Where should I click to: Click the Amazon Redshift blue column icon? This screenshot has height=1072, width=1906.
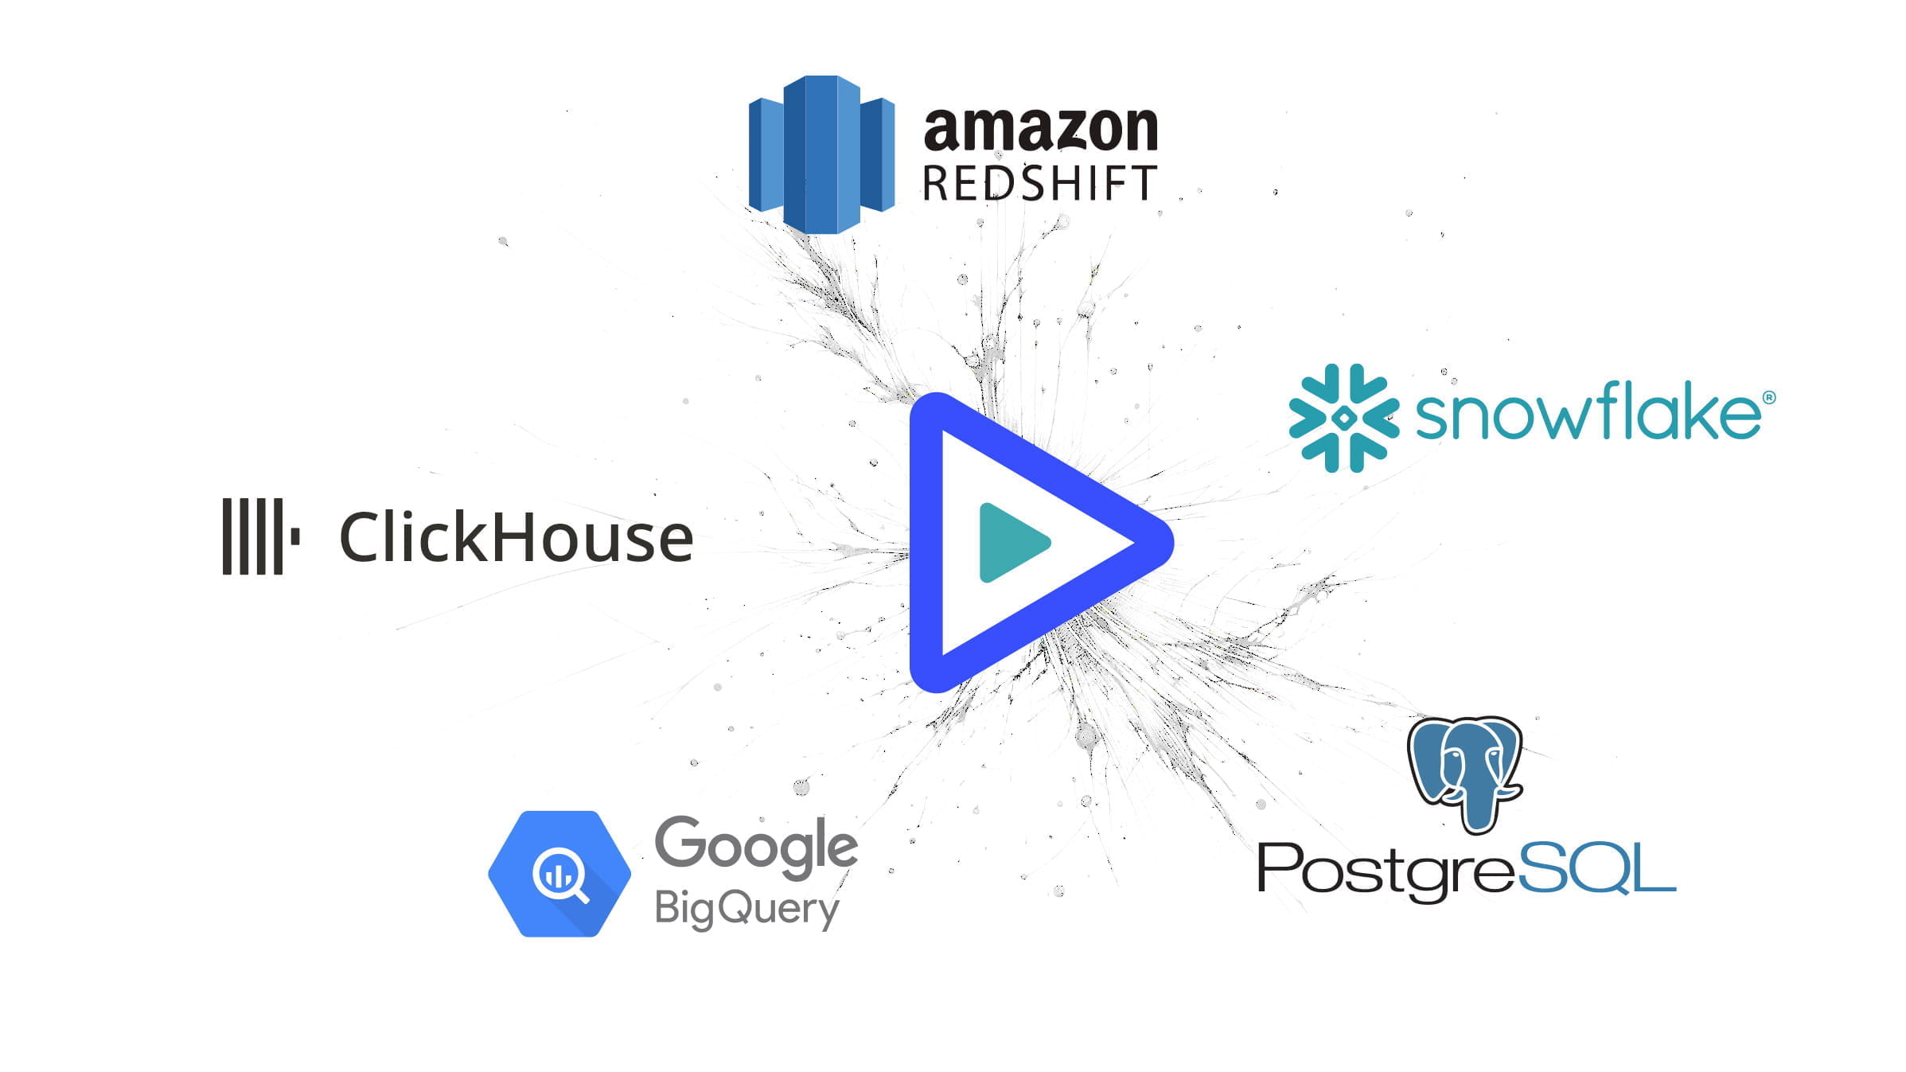821,154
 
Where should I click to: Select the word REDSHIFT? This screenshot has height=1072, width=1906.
1039,183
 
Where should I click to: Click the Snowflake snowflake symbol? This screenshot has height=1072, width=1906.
1343,418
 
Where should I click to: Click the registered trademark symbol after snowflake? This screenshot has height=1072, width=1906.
1769,396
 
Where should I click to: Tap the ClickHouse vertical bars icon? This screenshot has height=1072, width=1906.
260,536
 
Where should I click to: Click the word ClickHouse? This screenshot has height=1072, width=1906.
516,538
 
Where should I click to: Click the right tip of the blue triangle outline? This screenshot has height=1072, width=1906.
1172,543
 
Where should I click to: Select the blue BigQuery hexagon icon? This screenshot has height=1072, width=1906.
559,874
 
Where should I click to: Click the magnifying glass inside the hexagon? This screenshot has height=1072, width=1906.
560,875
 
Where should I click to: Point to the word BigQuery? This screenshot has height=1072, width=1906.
746,909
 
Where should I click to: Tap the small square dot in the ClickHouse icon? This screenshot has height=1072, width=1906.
295,536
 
